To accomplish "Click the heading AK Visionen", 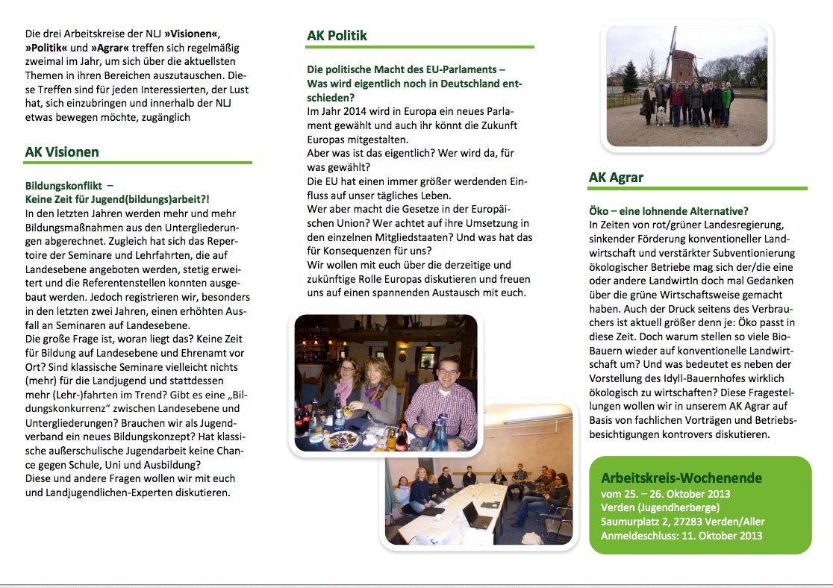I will click(62, 152).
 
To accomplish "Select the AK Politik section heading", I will click(337, 36).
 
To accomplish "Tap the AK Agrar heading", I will click(616, 178).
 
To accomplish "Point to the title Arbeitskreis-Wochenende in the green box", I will click(681, 478).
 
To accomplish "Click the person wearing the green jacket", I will click(726, 97).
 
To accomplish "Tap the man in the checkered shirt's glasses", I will click(447, 369).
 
